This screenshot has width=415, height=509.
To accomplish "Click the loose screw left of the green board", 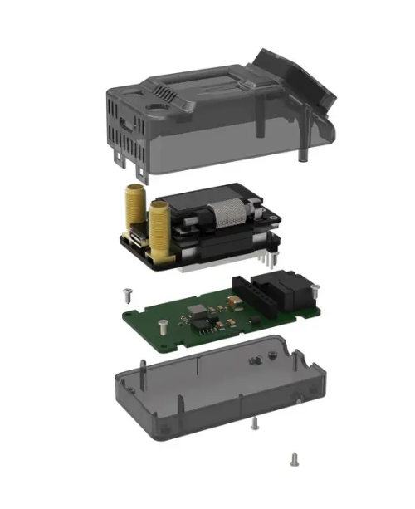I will [126, 293].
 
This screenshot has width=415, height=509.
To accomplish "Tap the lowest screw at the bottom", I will [293, 458].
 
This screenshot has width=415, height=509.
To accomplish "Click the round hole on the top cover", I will [155, 107].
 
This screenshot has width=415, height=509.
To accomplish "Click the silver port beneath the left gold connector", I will [134, 242].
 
